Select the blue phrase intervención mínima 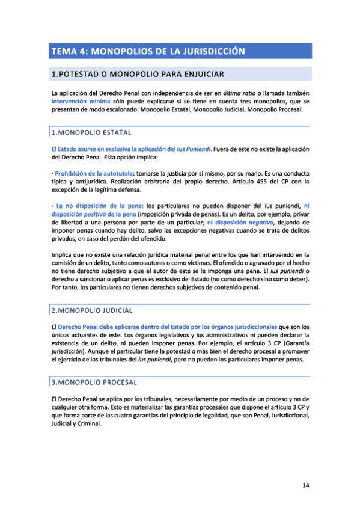coord(76,102)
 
